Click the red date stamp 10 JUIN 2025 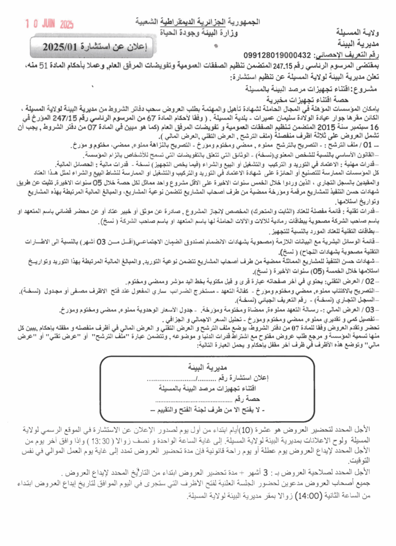click(x=50, y=24)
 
